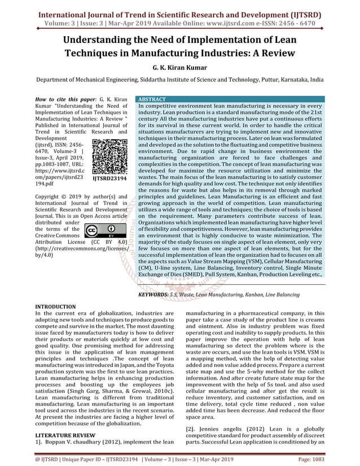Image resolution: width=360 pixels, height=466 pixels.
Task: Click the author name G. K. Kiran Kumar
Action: pos(179,67)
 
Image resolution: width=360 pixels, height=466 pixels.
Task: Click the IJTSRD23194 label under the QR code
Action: pos(110,178)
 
